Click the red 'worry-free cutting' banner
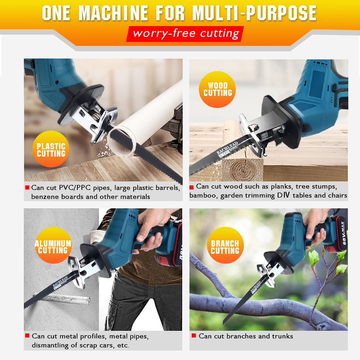pyautogui.click(x=185, y=34)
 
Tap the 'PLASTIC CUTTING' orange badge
pyautogui.click(x=51, y=149)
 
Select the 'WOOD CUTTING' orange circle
pyautogui.click(x=217, y=89)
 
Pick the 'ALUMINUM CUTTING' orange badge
pyautogui.click(x=53, y=245)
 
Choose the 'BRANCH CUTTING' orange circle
pyautogui.click(x=225, y=245)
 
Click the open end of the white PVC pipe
pyautogui.click(x=121, y=142)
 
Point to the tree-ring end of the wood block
pyautogui.click(x=242, y=169)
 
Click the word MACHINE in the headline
pyautogui.click(x=113, y=13)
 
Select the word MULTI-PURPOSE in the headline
pyautogui.click(x=254, y=13)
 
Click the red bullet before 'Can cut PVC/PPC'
pyautogui.click(x=27, y=188)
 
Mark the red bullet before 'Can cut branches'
pyautogui.click(x=193, y=336)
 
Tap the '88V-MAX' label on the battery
pyautogui.click(x=343, y=233)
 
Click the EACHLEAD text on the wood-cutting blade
pyautogui.click(x=227, y=148)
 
